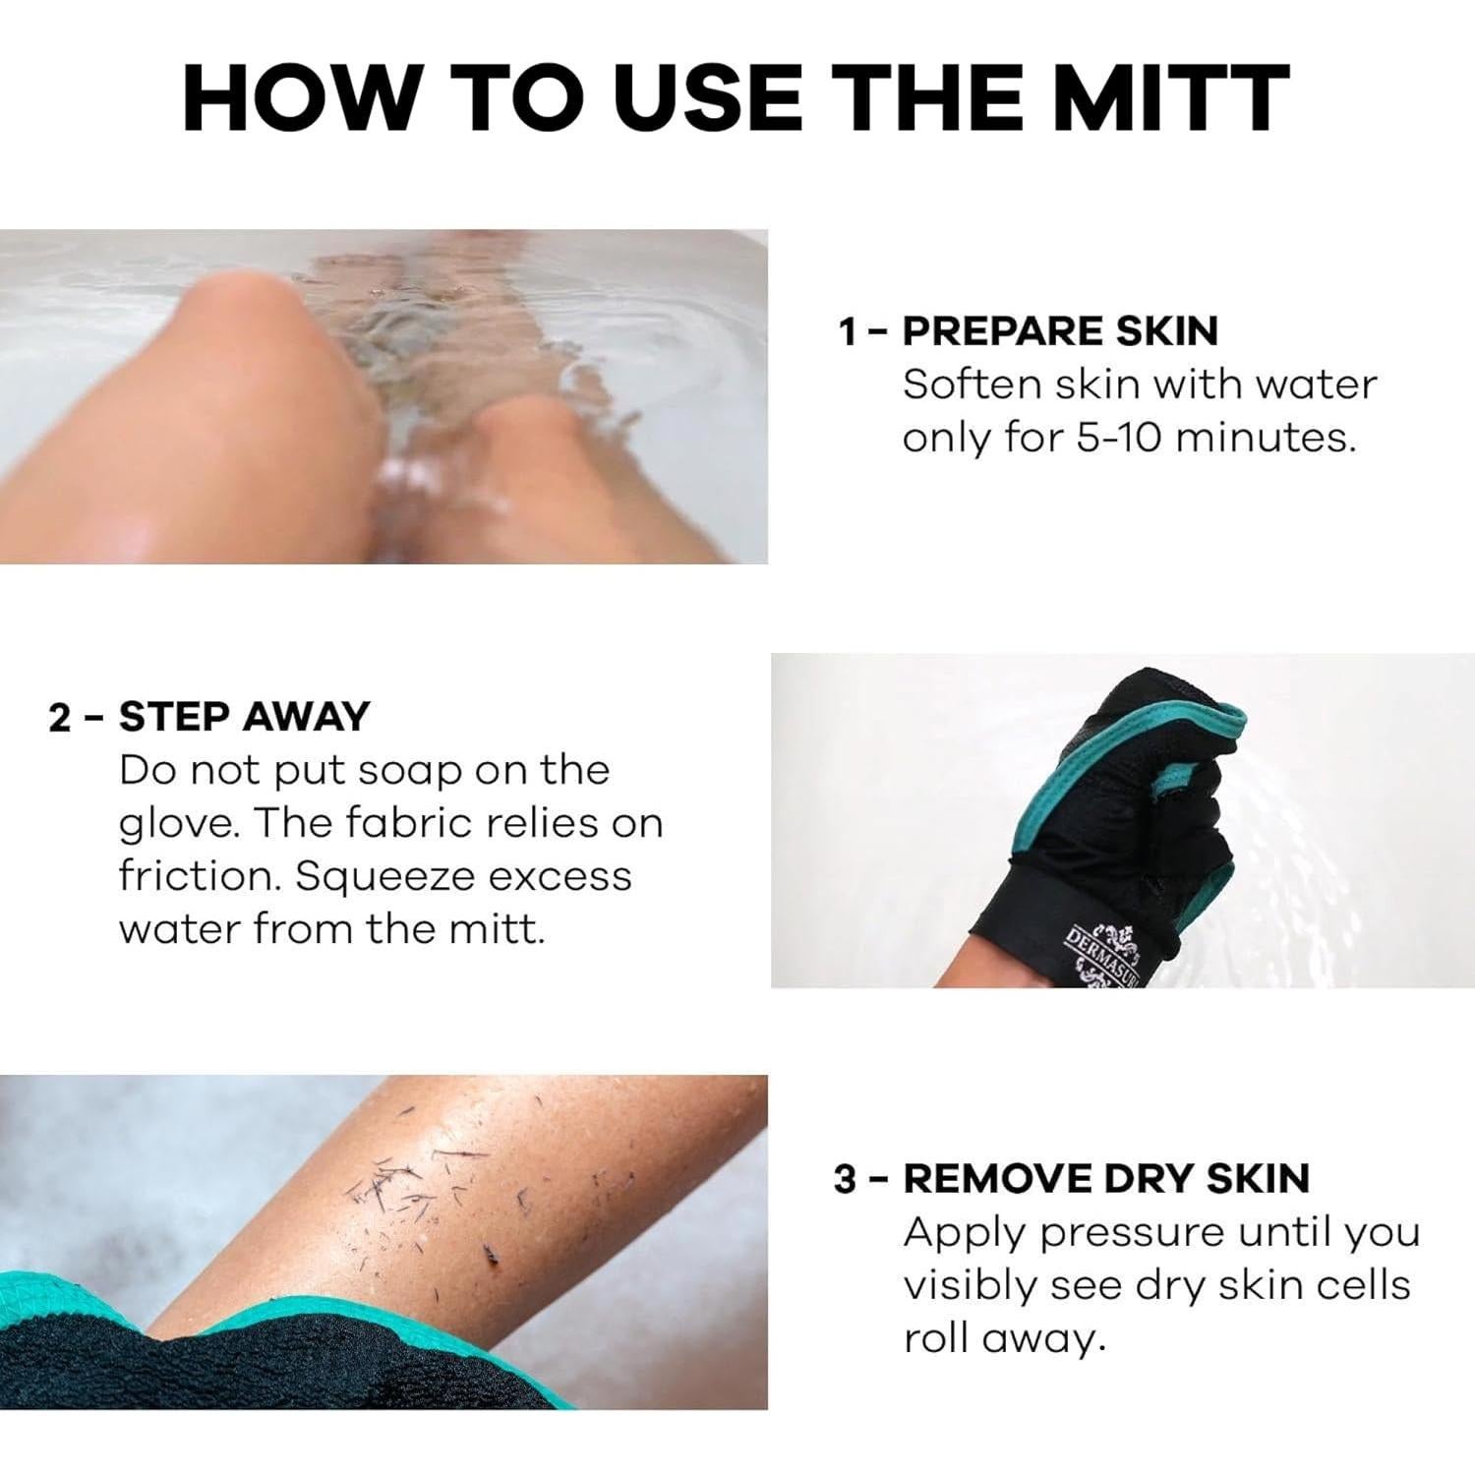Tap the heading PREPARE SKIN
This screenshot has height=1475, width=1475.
coord(1060,331)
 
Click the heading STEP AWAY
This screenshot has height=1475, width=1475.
coord(244,717)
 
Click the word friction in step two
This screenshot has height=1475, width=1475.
coord(200,875)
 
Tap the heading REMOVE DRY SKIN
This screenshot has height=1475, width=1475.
coord(1106,1178)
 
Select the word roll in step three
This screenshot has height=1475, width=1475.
coord(935,1338)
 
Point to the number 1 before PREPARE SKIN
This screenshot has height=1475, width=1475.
coord(848,332)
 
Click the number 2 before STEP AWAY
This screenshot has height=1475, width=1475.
coord(59,718)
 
